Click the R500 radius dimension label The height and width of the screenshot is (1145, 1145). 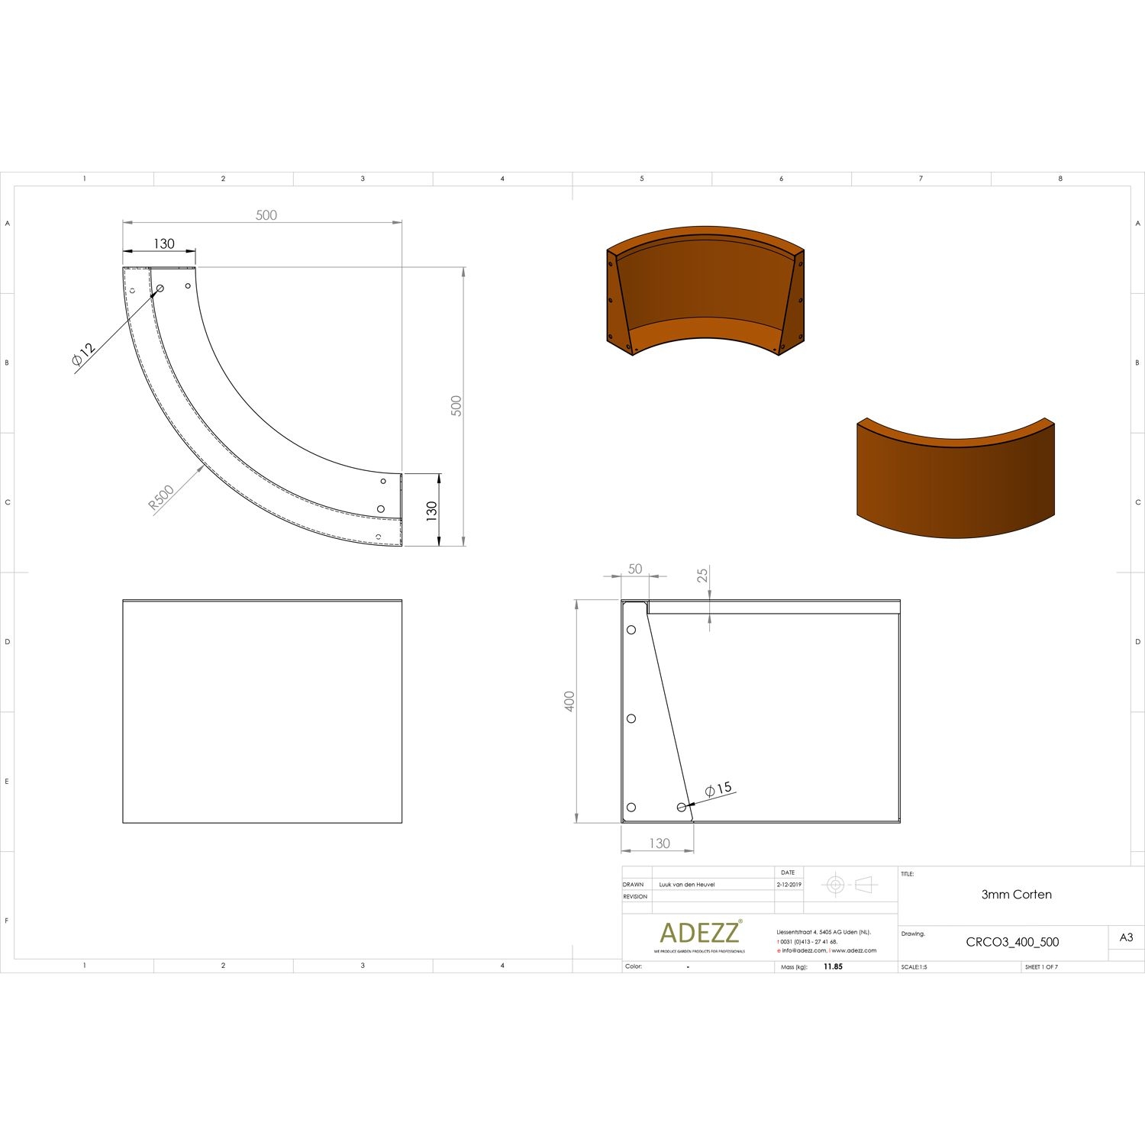click(x=162, y=498)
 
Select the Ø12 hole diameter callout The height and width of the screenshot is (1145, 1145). click(x=83, y=355)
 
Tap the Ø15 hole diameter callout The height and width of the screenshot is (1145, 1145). click(x=718, y=789)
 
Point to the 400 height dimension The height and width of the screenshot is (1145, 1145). click(x=569, y=702)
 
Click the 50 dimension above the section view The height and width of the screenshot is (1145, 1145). click(x=635, y=569)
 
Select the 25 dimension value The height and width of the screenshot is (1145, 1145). click(x=702, y=575)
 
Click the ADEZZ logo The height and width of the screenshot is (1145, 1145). click(x=699, y=933)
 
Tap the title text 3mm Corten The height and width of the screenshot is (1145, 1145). click(x=1016, y=895)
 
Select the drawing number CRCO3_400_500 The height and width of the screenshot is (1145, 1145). click(x=1012, y=942)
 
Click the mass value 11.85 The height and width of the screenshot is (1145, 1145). click(x=833, y=966)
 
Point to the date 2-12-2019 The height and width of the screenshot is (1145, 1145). click(x=789, y=885)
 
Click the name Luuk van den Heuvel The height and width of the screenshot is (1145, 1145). click(x=687, y=885)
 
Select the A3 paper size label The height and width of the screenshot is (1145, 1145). click(x=1126, y=937)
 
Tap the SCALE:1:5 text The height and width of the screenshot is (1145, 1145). click(x=914, y=967)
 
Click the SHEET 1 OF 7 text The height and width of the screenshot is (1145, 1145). click(x=1041, y=967)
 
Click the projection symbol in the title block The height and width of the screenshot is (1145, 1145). click(x=850, y=885)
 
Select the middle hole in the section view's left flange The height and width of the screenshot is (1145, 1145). click(x=631, y=718)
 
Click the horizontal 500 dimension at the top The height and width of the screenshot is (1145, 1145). click(x=266, y=215)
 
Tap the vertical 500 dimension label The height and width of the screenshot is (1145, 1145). click(x=456, y=405)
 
